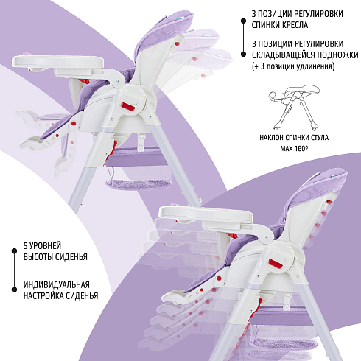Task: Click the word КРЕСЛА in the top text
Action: [x=293, y=25]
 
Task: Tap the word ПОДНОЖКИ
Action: [x=337, y=55]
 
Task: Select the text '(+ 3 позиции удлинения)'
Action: [x=293, y=66]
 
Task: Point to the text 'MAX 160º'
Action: [x=294, y=148]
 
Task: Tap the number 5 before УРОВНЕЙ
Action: [x=25, y=245]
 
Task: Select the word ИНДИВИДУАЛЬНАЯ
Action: [x=57, y=285]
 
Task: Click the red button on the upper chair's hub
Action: [x=128, y=107]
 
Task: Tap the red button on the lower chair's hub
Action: [x=276, y=264]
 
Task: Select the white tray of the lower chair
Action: [x=206, y=214]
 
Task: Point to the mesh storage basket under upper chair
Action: [x=139, y=176]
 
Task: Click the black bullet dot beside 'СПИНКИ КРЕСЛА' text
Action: [x=243, y=21]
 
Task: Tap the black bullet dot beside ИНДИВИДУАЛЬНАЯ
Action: [x=14, y=290]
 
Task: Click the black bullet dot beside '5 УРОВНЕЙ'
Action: [x=14, y=251]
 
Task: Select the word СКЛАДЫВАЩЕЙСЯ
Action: [x=284, y=55]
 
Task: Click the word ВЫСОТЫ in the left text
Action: [x=38, y=256]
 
